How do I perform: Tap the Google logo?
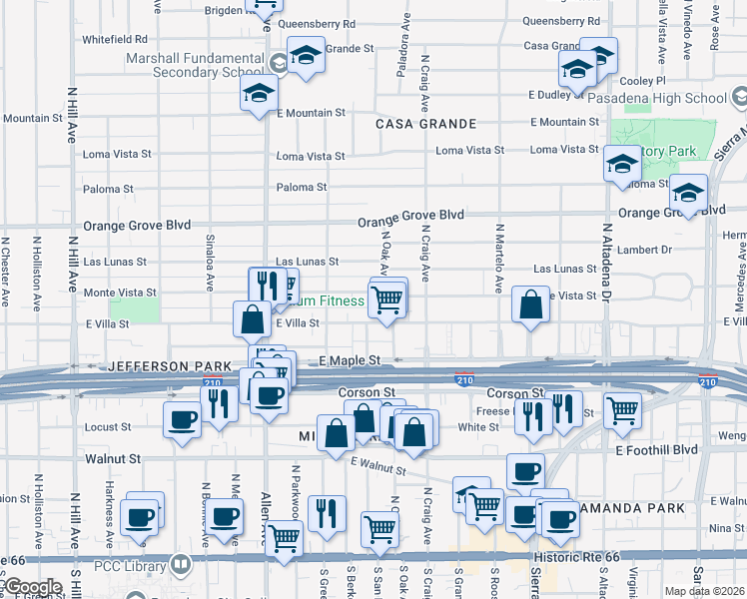[x=32, y=587]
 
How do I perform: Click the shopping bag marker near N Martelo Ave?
[x=531, y=304]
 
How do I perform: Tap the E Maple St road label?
[x=351, y=359]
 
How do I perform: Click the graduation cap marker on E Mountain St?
[x=259, y=95]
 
